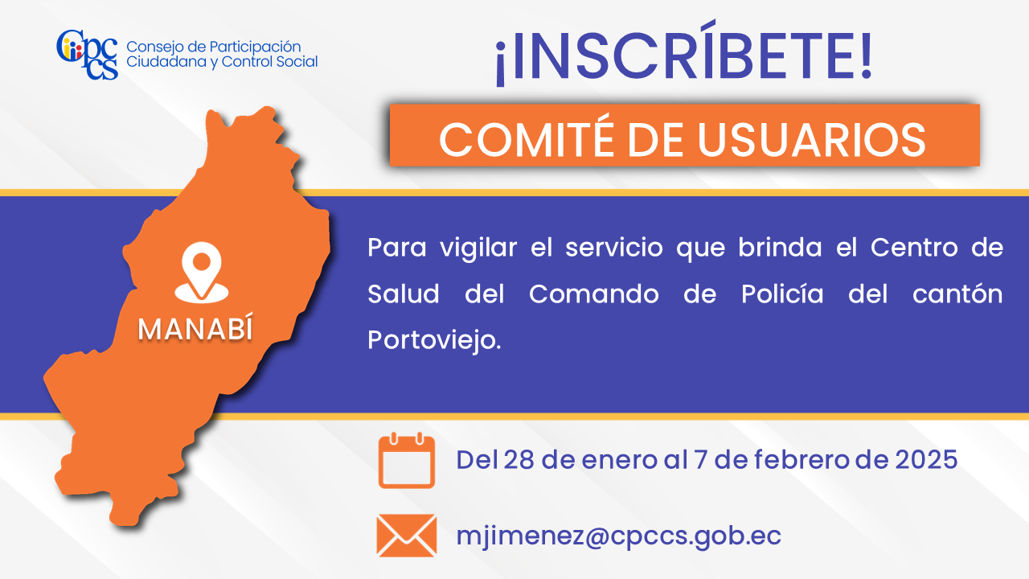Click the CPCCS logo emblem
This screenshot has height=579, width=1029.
point(88,54)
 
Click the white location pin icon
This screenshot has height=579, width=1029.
point(202,272)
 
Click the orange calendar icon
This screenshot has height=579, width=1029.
point(407,460)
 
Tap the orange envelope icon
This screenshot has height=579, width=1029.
point(407,536)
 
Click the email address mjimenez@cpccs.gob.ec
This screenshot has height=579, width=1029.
point(618,536)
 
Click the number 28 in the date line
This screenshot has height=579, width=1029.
point(519,459)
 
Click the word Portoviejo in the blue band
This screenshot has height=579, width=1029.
point(434,341)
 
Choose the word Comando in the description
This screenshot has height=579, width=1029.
point(594,294)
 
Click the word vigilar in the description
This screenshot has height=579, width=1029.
point(478,249)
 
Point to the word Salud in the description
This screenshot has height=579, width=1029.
point(404,294)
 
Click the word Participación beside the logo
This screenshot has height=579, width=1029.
point(255,47)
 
